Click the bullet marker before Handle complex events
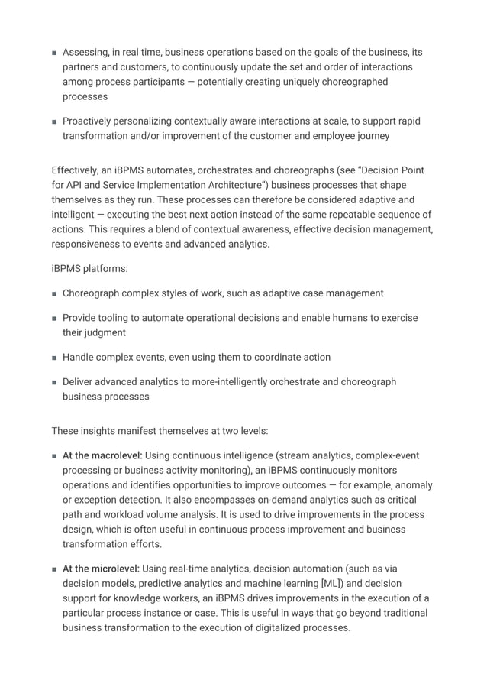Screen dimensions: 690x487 tap(54, 357)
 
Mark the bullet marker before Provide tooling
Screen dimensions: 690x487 tap(54, 318)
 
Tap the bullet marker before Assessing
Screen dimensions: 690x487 tap(54, 53)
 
